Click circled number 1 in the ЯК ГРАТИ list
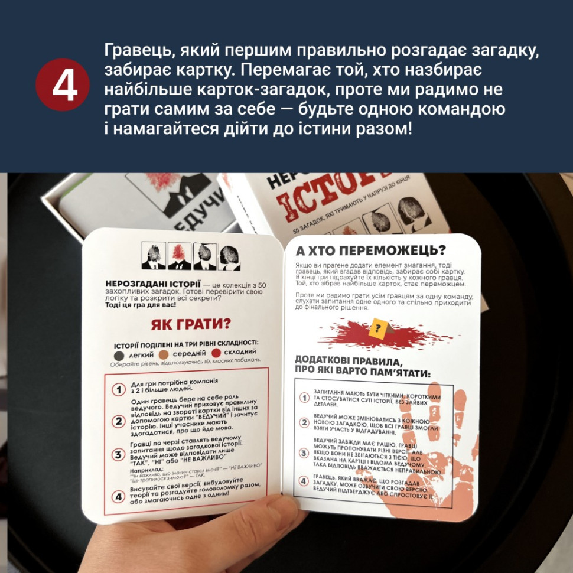tap(118, 389)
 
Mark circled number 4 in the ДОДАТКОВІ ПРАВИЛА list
tap(304, 481)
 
